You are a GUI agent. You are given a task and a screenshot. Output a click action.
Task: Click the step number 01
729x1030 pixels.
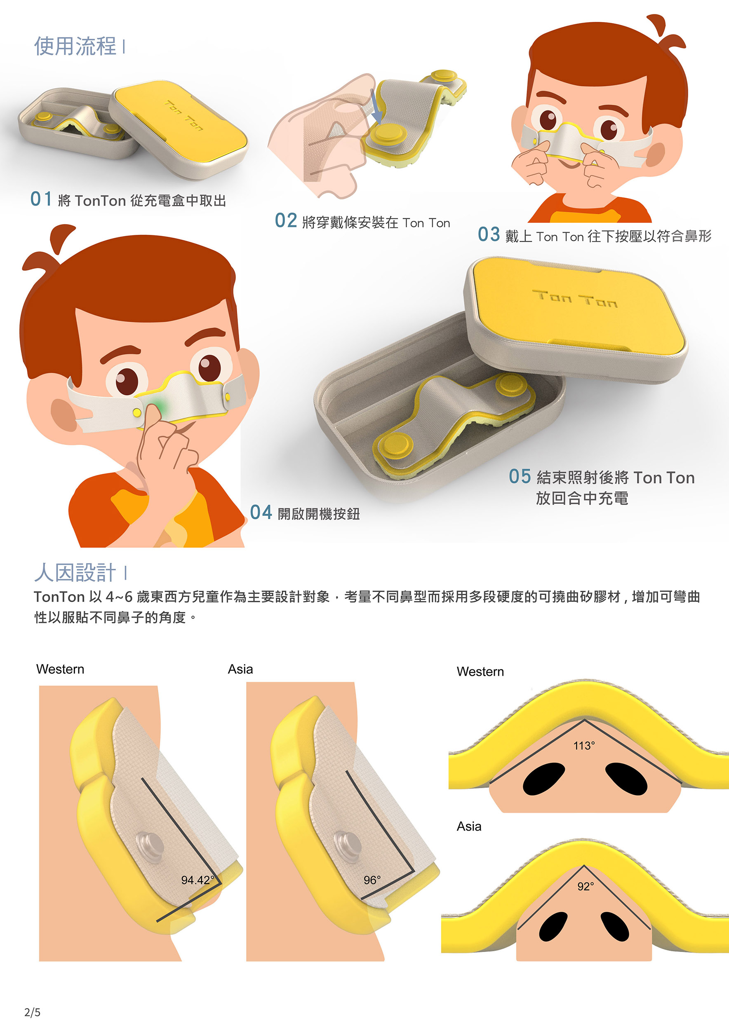tap(41, 199)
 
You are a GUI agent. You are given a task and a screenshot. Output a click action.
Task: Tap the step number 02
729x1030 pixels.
tap(286, 221)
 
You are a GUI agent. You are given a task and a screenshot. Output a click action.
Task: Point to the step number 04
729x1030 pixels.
tap(261, 512)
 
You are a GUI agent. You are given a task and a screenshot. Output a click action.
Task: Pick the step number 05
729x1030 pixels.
tap(520, 476)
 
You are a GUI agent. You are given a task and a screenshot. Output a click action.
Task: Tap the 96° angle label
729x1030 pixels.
tap(372, 880)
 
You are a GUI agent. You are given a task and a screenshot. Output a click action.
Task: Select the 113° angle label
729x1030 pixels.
tap(584, 746)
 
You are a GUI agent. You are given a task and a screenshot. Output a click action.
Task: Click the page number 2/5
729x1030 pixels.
tap(32, 1012)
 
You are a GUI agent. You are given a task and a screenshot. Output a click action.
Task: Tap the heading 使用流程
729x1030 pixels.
tap(75, 46)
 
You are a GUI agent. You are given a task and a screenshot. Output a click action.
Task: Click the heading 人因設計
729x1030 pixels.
tap(75, 572)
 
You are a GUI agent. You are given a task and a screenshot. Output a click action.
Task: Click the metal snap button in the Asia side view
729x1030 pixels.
tap(348, 845)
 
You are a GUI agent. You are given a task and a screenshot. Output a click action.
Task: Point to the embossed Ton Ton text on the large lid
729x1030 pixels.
tap(575, 298)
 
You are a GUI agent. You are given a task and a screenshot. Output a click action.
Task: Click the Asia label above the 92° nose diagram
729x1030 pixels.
tap(469, 826)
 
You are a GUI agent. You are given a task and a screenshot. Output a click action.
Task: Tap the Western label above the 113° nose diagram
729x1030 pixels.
tap(480, 672)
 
